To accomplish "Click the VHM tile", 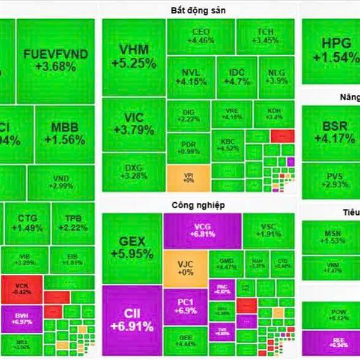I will point(133,57).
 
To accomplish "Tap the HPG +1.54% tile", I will point(331,51).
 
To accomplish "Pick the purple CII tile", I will point(131,320).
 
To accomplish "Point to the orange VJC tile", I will point(185,267).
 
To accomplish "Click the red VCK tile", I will point(22,287).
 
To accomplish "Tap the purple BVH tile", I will point(22,318).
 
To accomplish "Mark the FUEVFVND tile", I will point(55,60).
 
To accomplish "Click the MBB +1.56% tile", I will point(65,134).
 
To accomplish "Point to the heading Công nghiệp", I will point(197,205).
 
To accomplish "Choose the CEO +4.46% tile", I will point(200,36).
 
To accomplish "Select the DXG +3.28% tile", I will point(133,172).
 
